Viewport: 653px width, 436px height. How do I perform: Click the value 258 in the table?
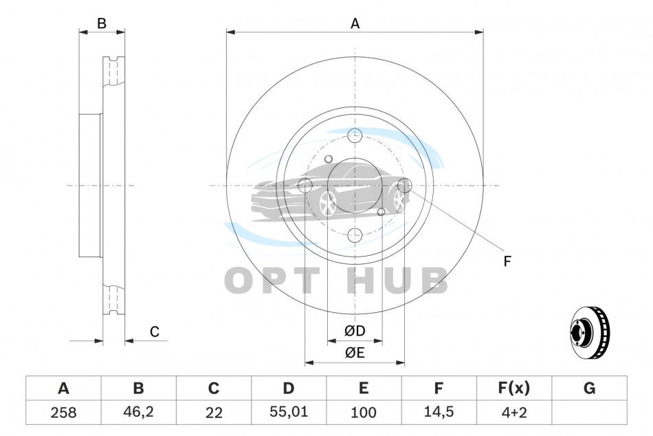pyautogui.click(x=63, y=412)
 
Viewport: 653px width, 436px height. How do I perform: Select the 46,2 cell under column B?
pyautogui.click(x=138, y=412)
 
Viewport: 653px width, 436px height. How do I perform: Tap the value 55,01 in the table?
pyautogui.click(x=289, y=412)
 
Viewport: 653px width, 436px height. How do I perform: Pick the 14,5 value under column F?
pyautogui.click(x=438, y=412)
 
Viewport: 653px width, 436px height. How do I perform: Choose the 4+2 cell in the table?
pyautogui.click(x=514, y=412)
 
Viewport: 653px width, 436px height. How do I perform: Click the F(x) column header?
pyautogui.click(x=514, y=388)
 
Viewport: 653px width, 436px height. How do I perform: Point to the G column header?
pyautogui.click(x=589, y=388)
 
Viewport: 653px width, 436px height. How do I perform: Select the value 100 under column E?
pyautogui.click(x=364, y=412)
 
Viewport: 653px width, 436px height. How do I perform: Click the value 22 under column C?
pyautogui.click(x=214, y=412)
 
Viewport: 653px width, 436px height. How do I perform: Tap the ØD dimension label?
pyautogui.click(x=355, y=331)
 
